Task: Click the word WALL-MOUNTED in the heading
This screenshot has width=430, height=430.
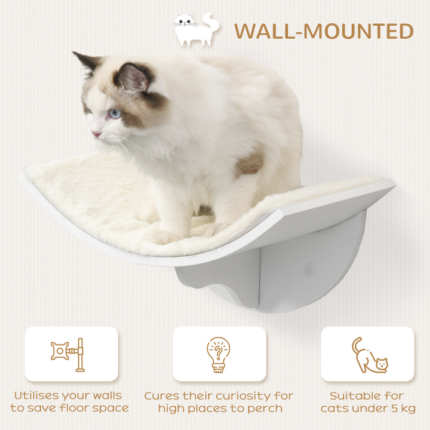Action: [x=324, y=31]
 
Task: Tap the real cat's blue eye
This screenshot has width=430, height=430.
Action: [x=113, y=113]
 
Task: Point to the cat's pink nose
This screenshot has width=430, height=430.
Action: [x=95, y=134]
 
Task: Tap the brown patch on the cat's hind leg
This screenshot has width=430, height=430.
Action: [x=250, y=163]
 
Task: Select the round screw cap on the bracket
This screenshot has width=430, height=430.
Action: [x=309, y=269]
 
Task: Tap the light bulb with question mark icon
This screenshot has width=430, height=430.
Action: [x=218, y=354]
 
